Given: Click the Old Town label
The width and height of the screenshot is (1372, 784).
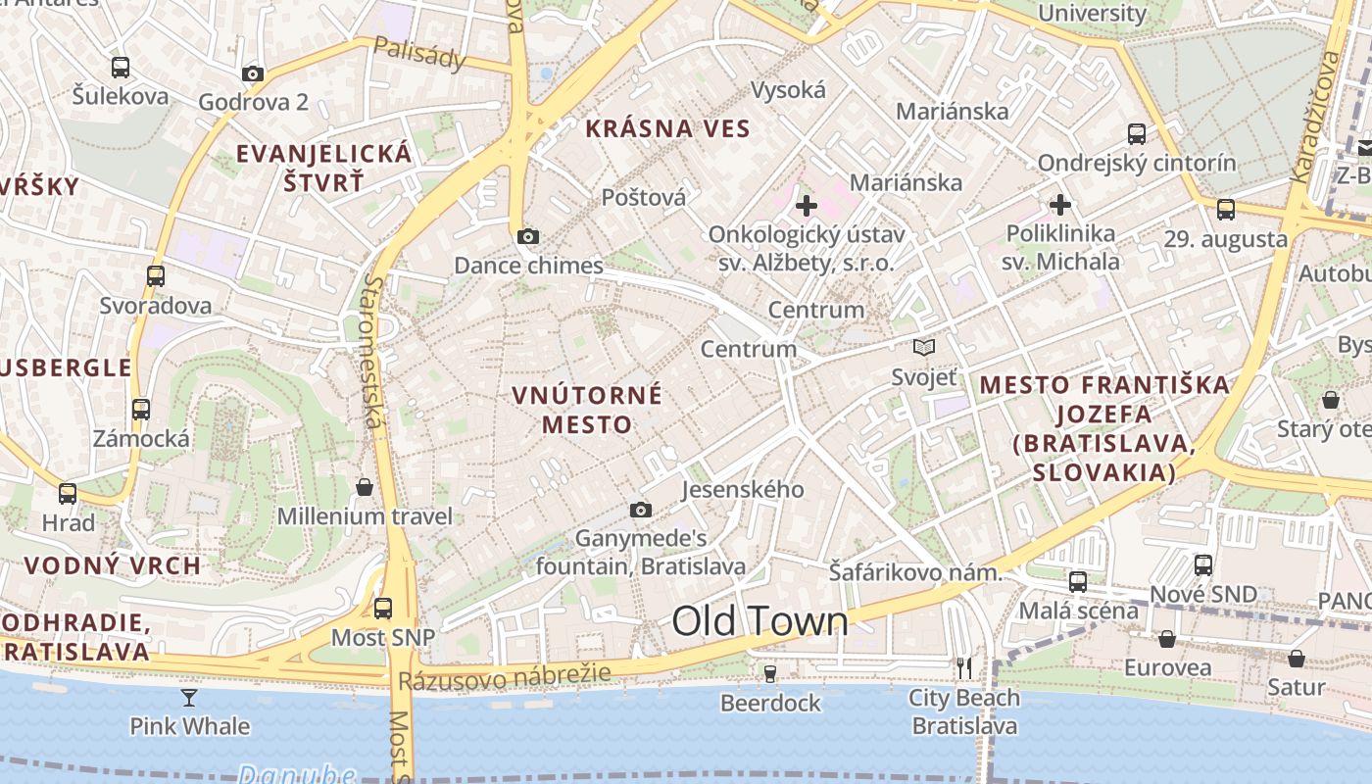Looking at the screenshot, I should click(759, 621).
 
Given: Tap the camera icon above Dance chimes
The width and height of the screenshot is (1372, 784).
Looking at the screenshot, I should click(528, 236).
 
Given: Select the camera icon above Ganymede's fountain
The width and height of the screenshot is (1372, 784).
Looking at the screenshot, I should click(641, 510).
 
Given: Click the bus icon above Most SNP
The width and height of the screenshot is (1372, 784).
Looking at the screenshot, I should click(383, 608).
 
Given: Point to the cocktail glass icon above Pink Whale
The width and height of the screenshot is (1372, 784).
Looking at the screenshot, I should click(189, 697).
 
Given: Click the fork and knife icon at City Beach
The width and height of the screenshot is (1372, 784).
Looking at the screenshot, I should click(964, 668).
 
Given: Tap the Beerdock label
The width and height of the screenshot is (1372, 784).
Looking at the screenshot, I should click(770, 703).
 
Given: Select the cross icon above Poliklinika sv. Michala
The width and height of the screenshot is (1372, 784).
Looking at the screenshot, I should click(1060, 205).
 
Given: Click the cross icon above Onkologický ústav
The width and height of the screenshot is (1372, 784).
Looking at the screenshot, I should click(806, 206).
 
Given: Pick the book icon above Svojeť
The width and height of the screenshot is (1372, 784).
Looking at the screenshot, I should click(923, 347).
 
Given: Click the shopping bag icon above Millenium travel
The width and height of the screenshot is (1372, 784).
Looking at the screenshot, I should click(365, 487).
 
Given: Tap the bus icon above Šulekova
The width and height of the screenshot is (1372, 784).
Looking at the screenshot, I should click(121, 68).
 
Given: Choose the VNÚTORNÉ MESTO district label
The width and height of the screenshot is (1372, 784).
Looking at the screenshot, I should click(587, 410).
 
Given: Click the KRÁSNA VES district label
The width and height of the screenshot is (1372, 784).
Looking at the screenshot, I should click(667, 128).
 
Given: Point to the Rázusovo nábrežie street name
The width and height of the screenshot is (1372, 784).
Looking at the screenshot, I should click(505, 676).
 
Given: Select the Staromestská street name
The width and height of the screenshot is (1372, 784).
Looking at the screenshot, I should click(372, 351).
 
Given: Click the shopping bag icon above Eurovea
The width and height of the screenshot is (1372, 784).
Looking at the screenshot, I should click(1167, 639).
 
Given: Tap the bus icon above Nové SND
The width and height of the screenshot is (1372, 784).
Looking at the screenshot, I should click(1203, 565).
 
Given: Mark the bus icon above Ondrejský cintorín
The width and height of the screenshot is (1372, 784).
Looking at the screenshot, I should click(1137, 134).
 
